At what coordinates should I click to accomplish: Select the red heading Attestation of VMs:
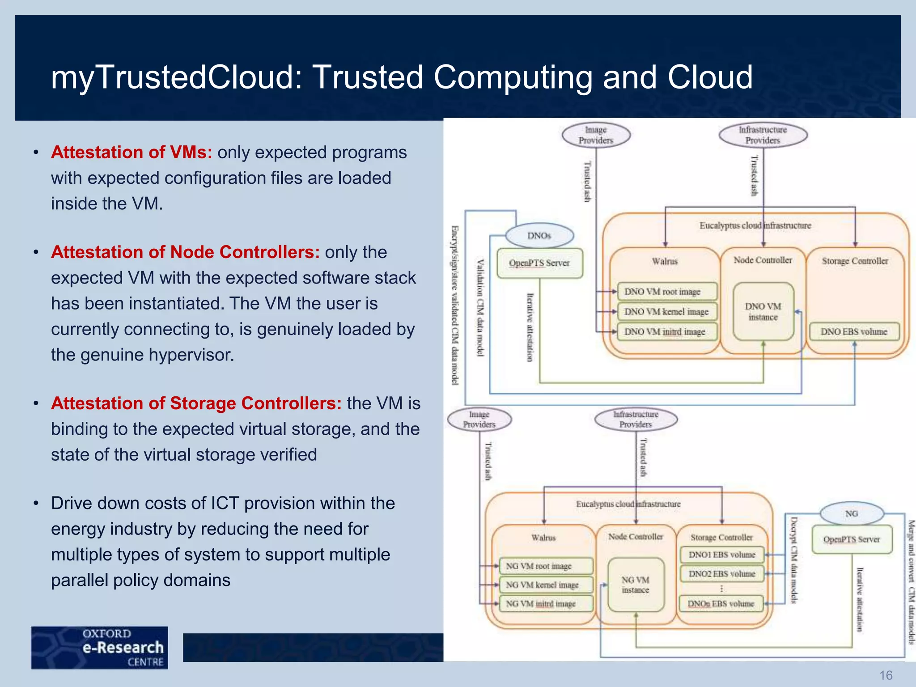coord(131,153)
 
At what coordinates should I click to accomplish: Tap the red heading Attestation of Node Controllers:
coord(185,252)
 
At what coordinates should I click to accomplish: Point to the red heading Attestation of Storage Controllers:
coord(196,403)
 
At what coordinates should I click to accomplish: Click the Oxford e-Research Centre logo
coord(100,647)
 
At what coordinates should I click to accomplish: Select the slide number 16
coord(886,675)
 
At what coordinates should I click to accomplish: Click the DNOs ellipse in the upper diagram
coord(539,236)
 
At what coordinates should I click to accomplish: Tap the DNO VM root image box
coord(666,292)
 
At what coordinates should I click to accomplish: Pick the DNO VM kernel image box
coord(666,312)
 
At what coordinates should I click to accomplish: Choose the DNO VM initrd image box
coord(666,332)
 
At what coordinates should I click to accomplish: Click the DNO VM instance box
coord(763,312)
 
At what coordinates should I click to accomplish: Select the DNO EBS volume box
coord(854,332)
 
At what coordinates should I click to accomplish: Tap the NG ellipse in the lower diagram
coord(852,513)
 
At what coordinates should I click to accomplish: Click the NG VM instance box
coord(636,585)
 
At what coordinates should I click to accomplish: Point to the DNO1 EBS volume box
coord(722,555)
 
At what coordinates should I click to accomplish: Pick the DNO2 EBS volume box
coord(722,574)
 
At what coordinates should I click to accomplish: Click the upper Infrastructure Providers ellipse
coord(763,135)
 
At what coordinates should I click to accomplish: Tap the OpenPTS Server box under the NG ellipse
coord(852,539)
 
